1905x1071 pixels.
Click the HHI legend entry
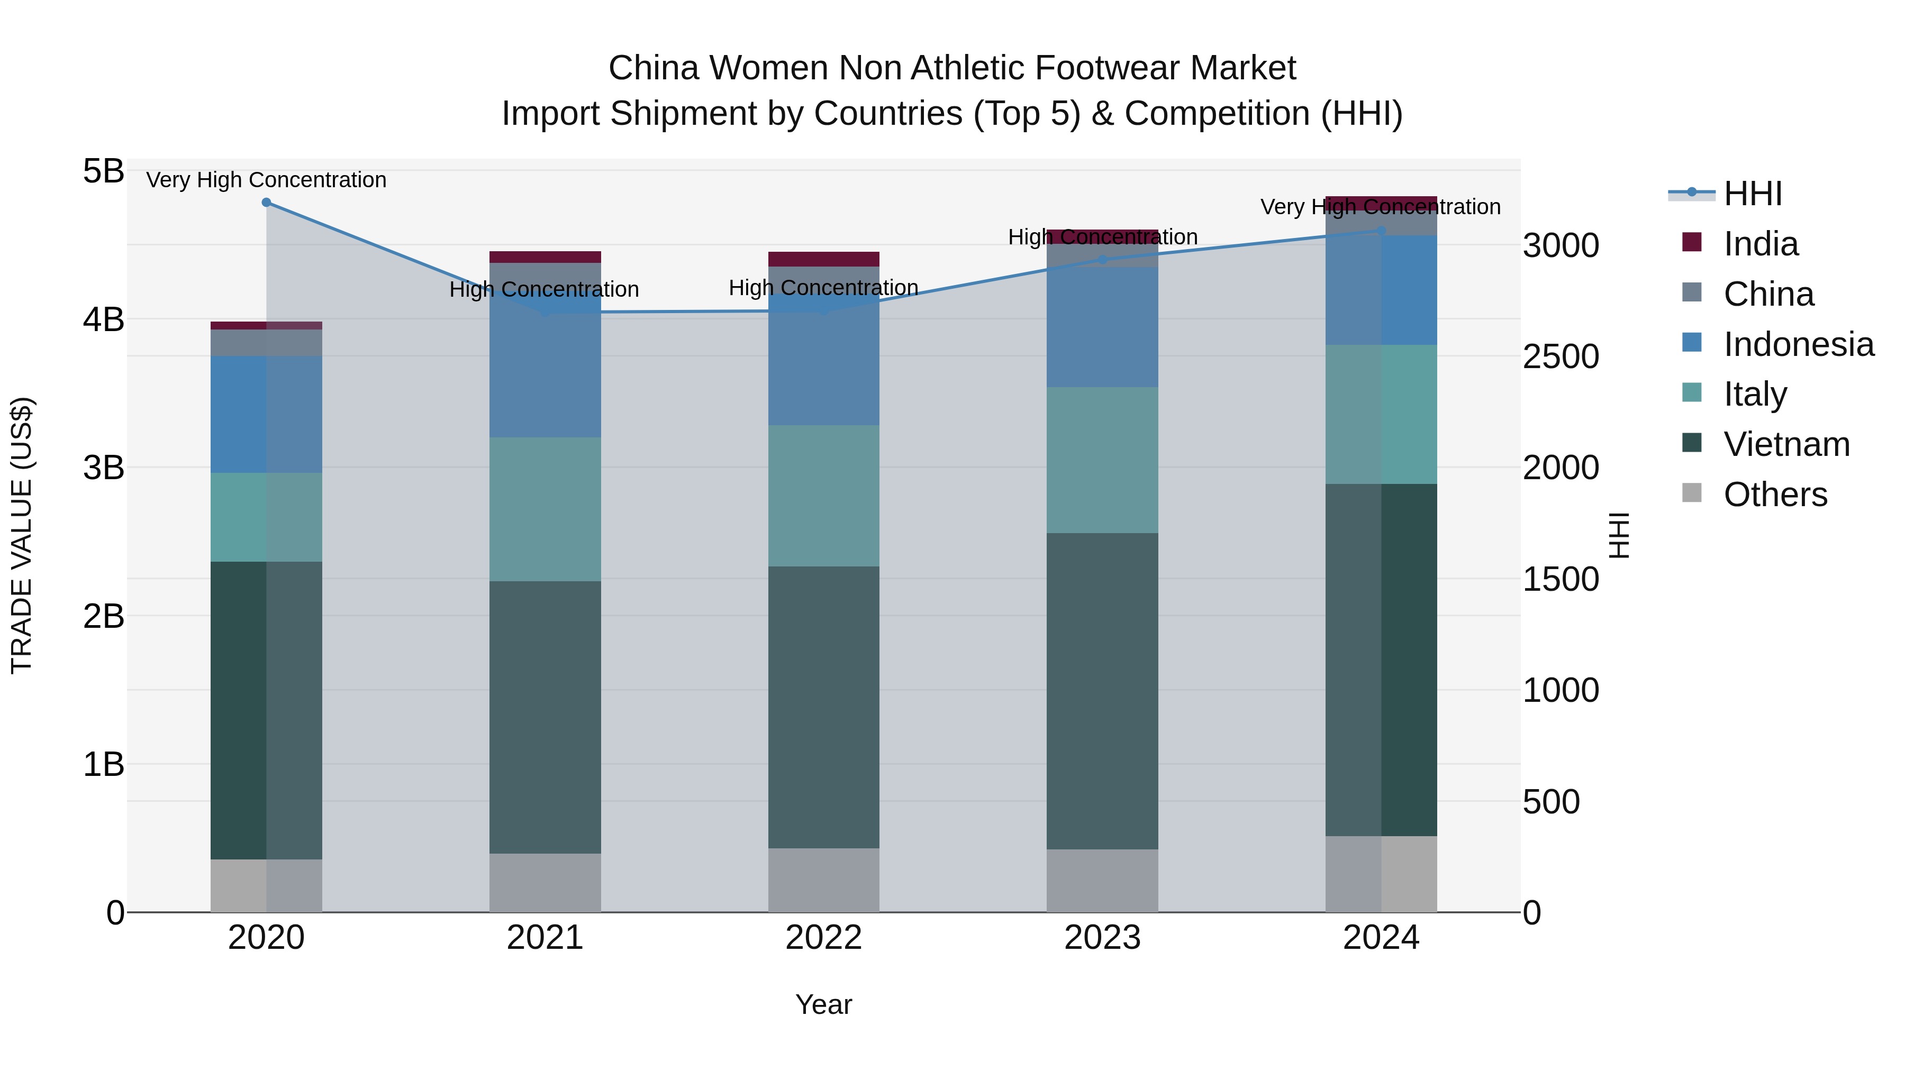(x=1752, y=194)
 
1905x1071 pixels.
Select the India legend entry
(x=1760, y=244)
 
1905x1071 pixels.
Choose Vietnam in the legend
(x=1786, y=444)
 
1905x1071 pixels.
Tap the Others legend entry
(x=1775, y=495)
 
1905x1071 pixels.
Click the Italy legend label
(x=1755, y=394)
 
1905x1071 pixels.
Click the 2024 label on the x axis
(x=1381, y=938)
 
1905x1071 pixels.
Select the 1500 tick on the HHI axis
(x=1561, y=580)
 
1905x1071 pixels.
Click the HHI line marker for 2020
(x=266, y=203)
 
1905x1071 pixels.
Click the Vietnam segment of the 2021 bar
(x=545, y=717)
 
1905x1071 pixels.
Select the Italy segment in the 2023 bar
(x=1102, y=460)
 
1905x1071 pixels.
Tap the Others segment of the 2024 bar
(x=1381, y=874)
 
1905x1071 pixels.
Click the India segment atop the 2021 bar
(x=545, y=257)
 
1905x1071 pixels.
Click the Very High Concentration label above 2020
(x=266, y=180)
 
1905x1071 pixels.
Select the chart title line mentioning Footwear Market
(x=952, y=68)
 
